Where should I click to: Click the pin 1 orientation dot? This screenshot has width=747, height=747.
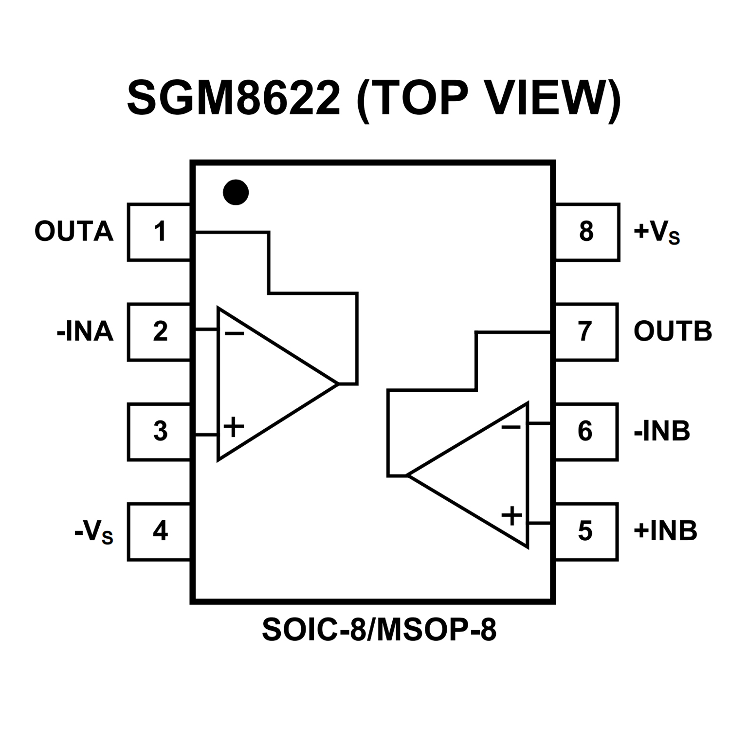click(x=236, y=192)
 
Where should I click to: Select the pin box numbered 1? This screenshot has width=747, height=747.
click(x=159, y=232)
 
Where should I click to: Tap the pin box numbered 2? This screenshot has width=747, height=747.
click(x=159, y=332)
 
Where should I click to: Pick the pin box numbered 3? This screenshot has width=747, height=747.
click(x=159, y=432)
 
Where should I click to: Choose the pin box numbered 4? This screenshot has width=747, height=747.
click(x=159, y=531)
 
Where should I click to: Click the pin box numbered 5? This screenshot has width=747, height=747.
click(x=586, y=531)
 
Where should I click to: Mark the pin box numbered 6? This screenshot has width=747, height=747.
click(x=586, y=432)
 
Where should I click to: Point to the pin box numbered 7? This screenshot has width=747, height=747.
click(x=586, y=332)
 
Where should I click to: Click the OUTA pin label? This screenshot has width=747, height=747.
click(x=74, y=232)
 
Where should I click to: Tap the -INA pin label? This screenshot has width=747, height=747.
click(x=85, y=332)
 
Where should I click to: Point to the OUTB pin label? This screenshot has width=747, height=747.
click(x=673, y=332)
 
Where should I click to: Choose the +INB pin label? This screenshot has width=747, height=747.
click(x=665, y=531)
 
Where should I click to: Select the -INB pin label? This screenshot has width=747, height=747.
click(x=662, y=432)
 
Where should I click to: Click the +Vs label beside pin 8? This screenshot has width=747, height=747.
click(x=656, y=233)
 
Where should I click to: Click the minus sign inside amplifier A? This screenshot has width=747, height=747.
click(x=234, y=334)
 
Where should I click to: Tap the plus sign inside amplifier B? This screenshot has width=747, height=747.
click(x=512, y=515)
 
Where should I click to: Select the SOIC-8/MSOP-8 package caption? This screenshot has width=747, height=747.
click(x=379, y=630)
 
